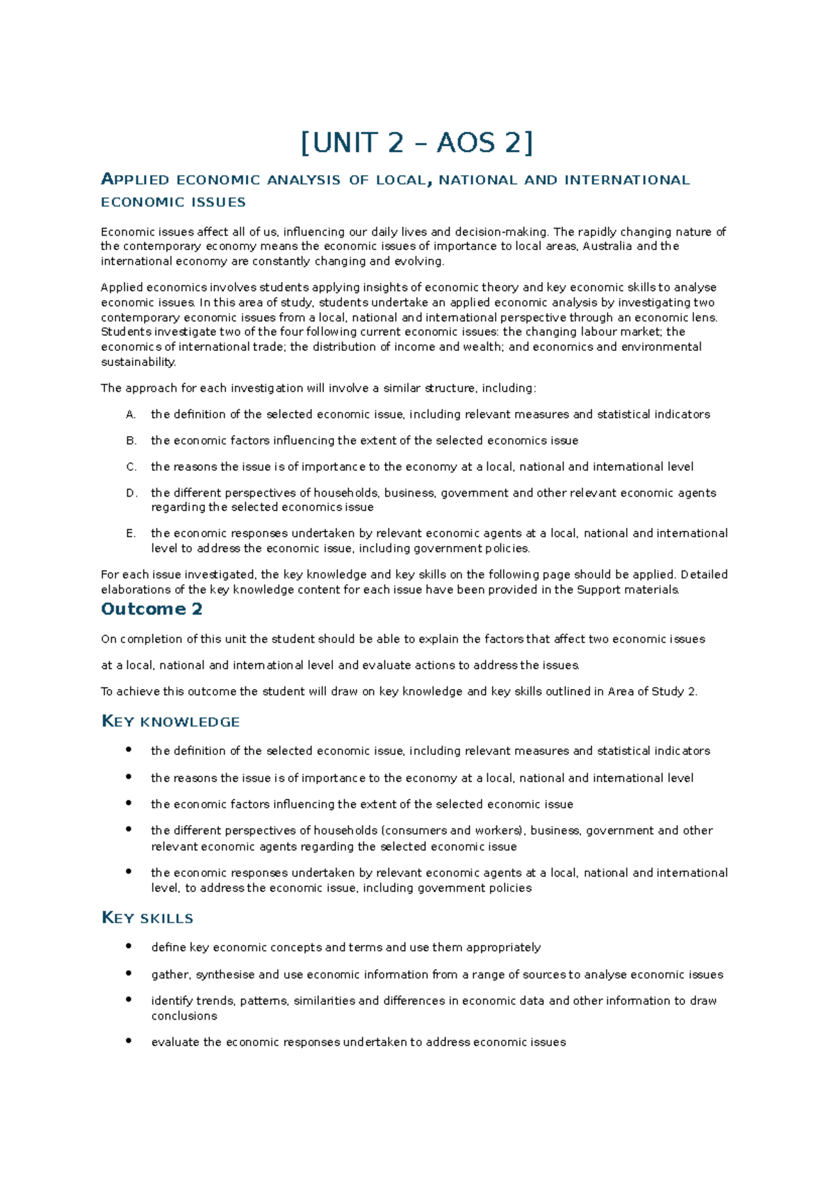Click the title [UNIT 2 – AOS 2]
[417, 143]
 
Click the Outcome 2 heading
[152, 609]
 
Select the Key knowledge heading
[170, 722]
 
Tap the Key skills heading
[147, 918]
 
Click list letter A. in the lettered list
[131, 415]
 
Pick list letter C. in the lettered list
[131, 467]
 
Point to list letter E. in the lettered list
[131, 533]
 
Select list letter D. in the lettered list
[131, 493]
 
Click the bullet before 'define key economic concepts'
[129, 946]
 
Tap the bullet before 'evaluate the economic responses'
[129, 1040]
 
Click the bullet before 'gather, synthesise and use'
[129, 973]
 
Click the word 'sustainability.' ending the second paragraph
[138, 362]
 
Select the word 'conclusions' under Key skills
[184, 1016]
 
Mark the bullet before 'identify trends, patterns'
[129, 999]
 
